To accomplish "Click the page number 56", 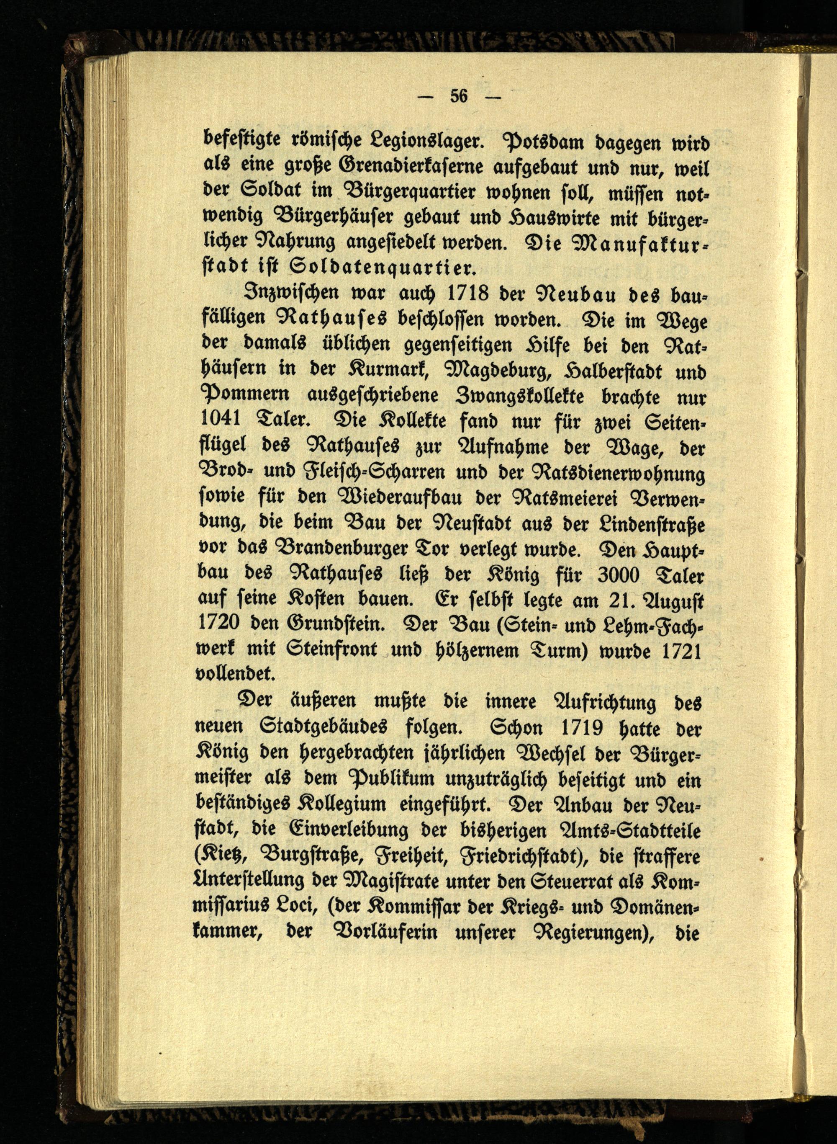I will [x=459, y=96].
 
